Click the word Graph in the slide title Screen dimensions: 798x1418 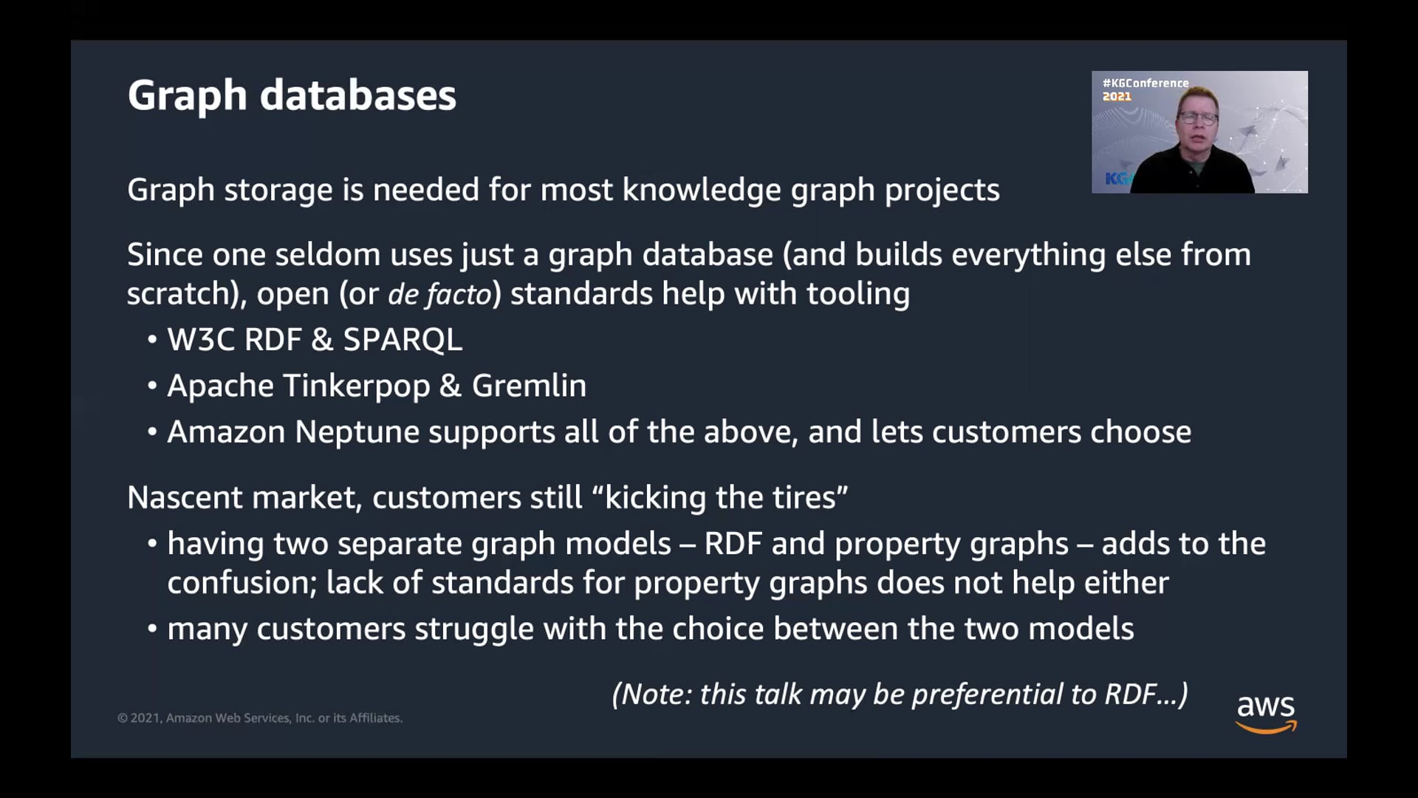[187, 96]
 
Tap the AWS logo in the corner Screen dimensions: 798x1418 [1266, 712]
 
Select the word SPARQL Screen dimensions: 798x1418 [403, 340]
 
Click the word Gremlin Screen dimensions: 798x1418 [529, 386]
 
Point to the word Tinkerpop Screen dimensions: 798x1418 [356, 386]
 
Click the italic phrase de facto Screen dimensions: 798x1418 [439, 295]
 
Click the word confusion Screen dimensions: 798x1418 [242, 583]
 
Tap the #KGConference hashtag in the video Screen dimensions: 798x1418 [1145, 83]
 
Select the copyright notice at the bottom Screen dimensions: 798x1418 [260, 718]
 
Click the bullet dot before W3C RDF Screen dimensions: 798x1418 [152, 340]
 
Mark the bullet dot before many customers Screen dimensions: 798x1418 [152, 629]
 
